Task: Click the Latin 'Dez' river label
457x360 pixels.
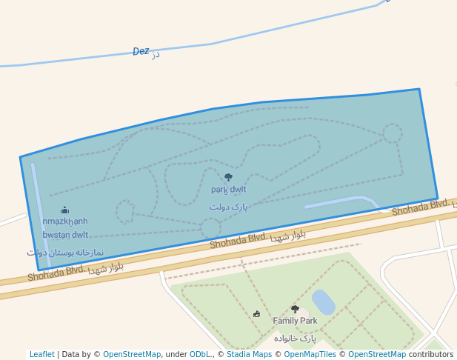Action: (x=141, y=51)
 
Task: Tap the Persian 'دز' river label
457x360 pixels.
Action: (x=156, y=54)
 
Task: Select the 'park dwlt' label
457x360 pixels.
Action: (x=228, y=190)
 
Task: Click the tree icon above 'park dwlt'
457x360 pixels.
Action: (x=228, y=178)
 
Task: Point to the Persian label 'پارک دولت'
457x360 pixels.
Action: (x=228, y=207)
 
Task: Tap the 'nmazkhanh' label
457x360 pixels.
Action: (x=64, y=221)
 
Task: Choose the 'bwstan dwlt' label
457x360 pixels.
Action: (x=65, y=235)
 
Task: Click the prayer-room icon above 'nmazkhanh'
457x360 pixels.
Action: (x=64, y=210)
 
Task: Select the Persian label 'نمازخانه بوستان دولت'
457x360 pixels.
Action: (x=65, y=253)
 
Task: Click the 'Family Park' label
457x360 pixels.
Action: (x=295, y=321)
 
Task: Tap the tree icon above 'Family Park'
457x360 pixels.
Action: (x=295, y=309)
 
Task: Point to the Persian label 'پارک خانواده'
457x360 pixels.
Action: (x=295, y=338)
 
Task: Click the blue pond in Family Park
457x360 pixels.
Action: (x=323, y=302)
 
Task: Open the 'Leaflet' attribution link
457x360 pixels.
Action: (x=41, y=354)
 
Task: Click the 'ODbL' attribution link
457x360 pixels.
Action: (x=200, y=354)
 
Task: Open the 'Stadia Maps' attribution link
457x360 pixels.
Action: (x=248, y=354)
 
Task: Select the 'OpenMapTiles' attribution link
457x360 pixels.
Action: (x=310, y=354)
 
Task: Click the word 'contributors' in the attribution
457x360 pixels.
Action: (x=431, y=354)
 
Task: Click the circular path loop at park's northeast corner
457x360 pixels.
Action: (x=393, y=133)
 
